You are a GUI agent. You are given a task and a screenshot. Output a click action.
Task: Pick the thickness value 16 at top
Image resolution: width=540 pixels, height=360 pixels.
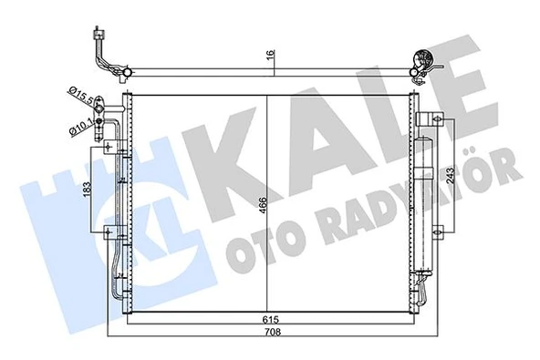[270, 55]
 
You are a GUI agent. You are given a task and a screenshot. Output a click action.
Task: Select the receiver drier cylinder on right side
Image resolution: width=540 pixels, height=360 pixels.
[422, 205]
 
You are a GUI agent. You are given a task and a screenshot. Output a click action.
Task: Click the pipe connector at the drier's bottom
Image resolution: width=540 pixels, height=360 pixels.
[421, 291]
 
